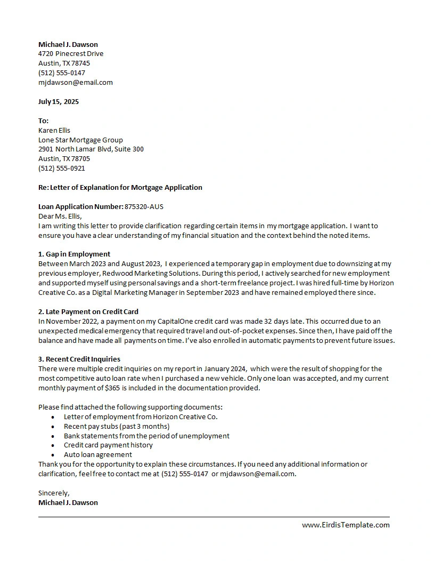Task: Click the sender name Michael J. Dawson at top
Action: [68, 44]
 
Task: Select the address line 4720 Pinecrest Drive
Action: [71, 54]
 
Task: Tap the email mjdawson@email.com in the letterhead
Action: [76, 83]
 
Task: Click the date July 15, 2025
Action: [59, 101]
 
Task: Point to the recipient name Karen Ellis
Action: [54, 130]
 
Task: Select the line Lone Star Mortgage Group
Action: [80, 140]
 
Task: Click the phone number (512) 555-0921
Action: [62, 169]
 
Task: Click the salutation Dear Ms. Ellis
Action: [60, 216]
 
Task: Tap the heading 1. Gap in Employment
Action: [75, 254]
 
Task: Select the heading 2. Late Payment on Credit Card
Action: [88, 311]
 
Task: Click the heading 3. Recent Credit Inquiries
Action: [79, 359]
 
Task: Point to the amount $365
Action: [112, 388]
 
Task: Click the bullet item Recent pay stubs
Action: [117, 426]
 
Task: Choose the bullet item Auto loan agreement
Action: [98, 455]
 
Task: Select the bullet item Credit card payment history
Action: [108, 445]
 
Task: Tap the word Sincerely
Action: [54, 493]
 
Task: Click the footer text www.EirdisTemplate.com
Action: [346, 525]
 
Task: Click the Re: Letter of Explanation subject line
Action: [120, 188]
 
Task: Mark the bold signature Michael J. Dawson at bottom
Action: [68, 502]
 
